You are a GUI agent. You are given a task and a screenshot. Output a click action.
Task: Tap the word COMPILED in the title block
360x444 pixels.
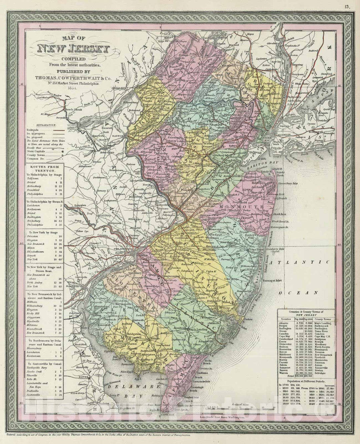74,59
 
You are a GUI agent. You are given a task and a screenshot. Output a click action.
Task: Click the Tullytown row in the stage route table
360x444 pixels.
33,179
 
